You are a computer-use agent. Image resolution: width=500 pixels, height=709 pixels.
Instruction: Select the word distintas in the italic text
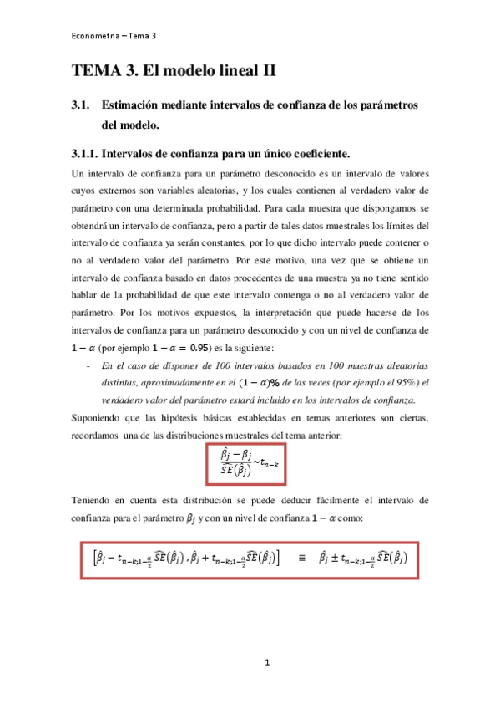pyautogui.click(x=122, y=383)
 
